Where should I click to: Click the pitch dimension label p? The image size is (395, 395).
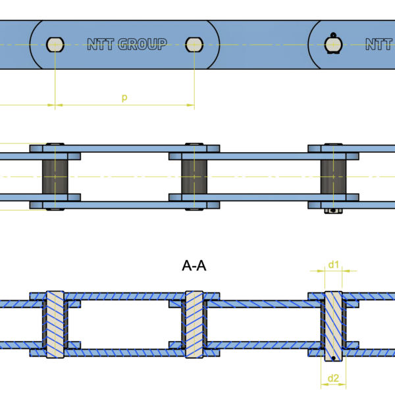tap(124, 97)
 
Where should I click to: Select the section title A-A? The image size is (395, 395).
tap(195, 266)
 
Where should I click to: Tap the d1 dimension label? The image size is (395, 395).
tap(333, 265)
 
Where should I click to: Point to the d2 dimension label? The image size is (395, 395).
tap(333, 378)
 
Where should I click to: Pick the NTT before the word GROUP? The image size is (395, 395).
tap(101, 44)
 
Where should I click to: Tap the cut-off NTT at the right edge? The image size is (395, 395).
tap(380, 44)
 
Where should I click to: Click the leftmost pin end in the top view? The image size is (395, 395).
tap(55, 44)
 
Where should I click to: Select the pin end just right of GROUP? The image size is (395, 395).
tap(194, 44)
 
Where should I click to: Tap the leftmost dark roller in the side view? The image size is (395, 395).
tap(55, 176)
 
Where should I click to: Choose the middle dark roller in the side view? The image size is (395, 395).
tap(194, 176)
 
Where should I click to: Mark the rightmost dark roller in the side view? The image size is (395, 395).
tap(333, 176)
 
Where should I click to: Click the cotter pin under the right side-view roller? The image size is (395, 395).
tap(334, 211)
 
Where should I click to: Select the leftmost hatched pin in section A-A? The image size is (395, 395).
tap(55, 324)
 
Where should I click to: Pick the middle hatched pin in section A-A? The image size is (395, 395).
tap(194, 324)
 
